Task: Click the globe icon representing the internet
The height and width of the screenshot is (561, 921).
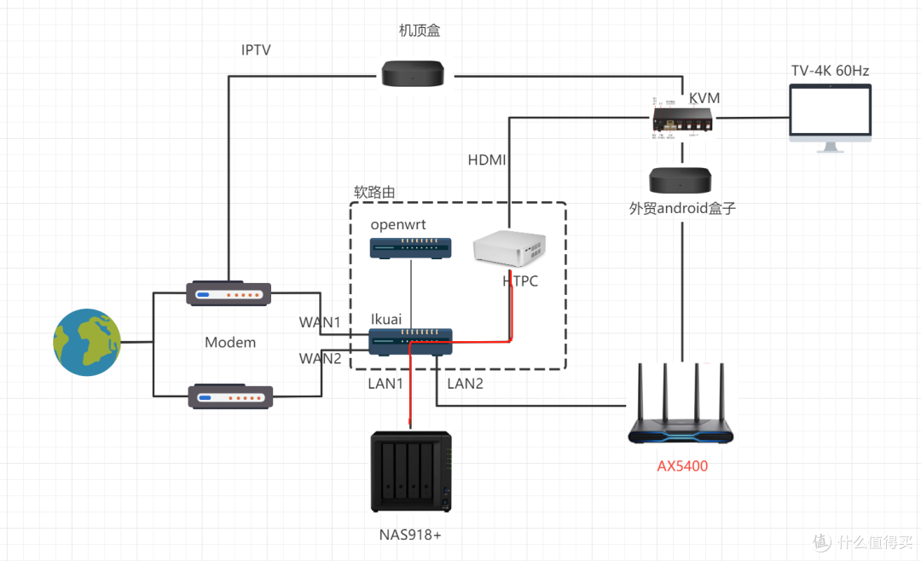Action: point(87,342)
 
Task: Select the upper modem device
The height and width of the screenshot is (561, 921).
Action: point(229,295)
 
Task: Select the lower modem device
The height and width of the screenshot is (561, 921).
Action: point(229,396)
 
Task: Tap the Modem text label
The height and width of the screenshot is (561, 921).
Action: point(230,343)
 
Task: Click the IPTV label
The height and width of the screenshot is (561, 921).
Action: point(256,50)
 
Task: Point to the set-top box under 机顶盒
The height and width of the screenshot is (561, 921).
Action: point(413,73)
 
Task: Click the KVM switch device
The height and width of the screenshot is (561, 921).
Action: point(684,121)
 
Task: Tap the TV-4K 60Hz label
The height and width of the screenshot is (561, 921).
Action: point(830,71)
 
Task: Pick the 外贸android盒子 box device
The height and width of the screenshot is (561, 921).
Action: point(681,180)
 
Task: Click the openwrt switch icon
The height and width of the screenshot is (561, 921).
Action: point(411,247)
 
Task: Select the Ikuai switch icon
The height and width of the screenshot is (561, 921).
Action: point(411,341)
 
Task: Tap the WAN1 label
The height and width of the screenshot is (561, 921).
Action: point(320,323)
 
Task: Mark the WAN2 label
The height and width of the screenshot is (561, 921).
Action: point(320,358)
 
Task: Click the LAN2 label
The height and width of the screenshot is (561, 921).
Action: point(466,384)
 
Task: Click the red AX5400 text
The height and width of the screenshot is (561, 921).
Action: point(682,466)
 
